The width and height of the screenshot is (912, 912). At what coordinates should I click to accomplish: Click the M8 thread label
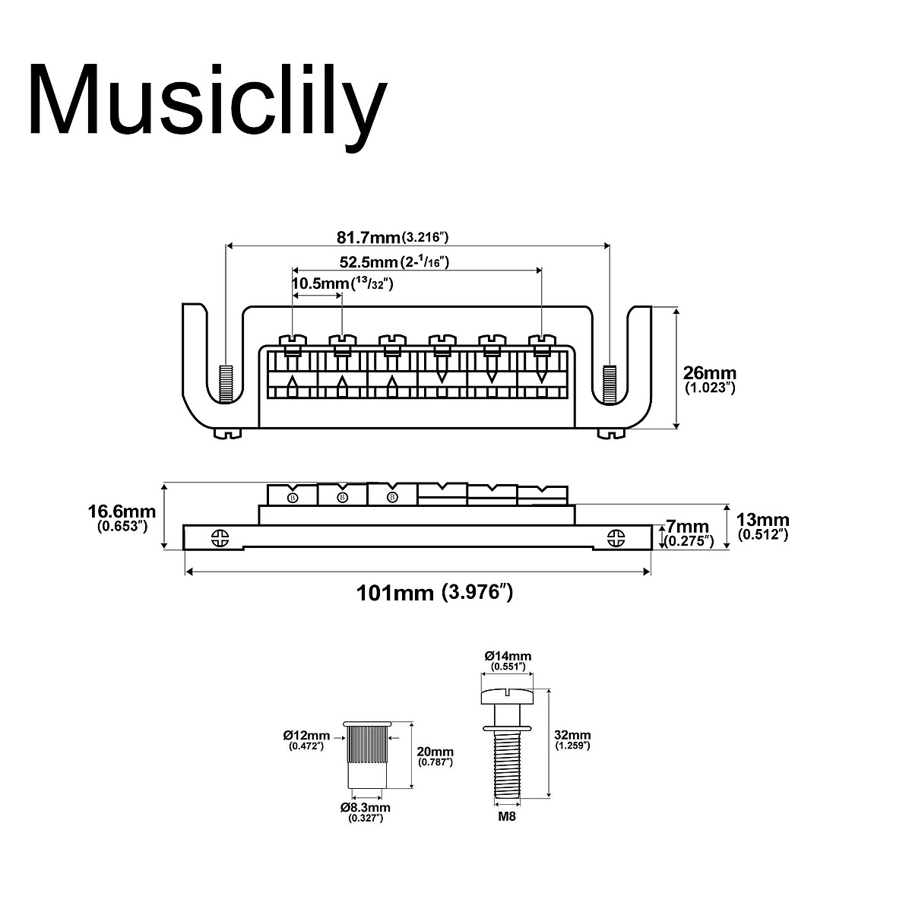[x=507, y=816]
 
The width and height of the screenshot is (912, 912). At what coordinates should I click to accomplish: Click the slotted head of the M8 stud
[x=507, y=695]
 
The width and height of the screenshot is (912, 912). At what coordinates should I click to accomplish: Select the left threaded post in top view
[x=225, y=384]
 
